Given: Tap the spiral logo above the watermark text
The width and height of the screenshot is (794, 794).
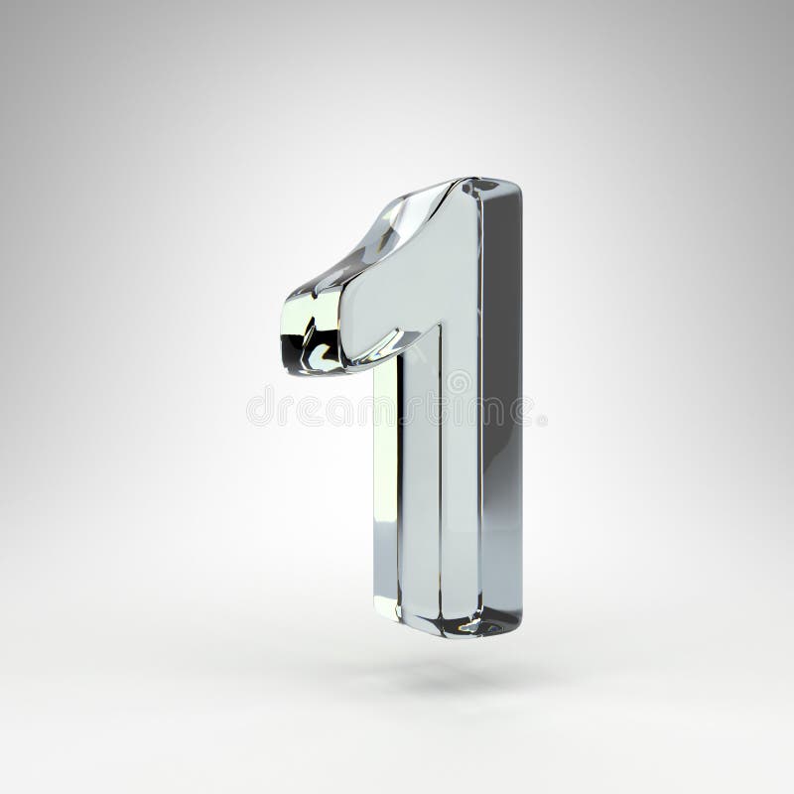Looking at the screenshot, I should (x=458, y=380).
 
